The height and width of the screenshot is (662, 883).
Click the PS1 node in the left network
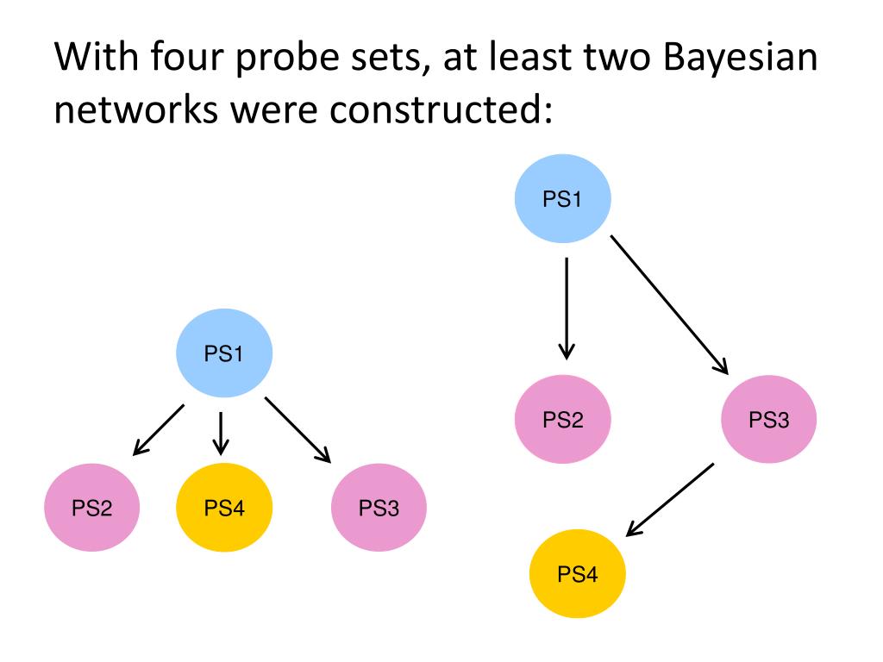pos(224,353)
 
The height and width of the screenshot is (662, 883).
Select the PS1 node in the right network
pos(563,199)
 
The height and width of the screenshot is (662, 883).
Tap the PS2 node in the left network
pos(92,508)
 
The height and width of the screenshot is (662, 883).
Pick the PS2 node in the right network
pos(563,420)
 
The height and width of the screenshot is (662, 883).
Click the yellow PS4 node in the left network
pos(224,508)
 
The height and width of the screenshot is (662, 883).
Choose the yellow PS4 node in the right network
pos(577,573)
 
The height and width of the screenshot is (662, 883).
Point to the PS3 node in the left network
pos(379,508)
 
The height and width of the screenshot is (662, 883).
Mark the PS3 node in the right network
pos(768,420)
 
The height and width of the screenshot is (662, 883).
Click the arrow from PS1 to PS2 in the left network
pos(159,428)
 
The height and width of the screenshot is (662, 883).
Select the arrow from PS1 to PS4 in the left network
pos(222,432)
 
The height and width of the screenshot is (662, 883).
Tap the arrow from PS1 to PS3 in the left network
pos(298,429)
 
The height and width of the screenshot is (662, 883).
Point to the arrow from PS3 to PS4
pos(669,500)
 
